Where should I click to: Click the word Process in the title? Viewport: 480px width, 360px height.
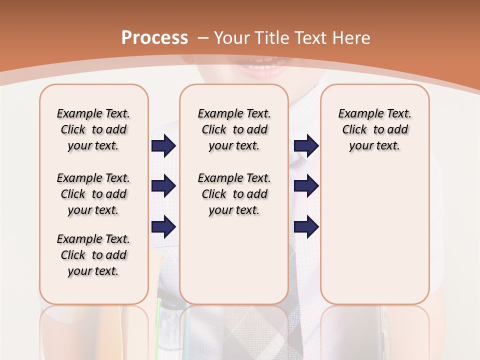(154, 37)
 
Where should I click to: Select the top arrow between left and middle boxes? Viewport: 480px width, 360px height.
(163, 146)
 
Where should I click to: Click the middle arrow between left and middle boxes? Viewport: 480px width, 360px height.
(163, 186)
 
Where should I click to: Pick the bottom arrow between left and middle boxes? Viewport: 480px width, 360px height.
(163, 227)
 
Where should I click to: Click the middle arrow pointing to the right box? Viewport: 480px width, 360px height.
(306, 186)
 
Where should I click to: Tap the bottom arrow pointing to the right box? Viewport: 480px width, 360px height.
(306, 227)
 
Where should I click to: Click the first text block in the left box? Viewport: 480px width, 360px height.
(93, 129)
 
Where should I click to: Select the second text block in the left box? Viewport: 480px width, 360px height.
(93, 194)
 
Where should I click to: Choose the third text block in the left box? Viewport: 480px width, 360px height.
(93, 255)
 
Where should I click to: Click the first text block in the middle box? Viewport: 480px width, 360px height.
(234, 129)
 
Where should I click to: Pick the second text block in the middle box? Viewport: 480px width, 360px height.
(234, 194)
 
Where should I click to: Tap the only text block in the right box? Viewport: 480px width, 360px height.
(374, 129)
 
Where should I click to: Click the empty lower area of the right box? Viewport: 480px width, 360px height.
(374, 240)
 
